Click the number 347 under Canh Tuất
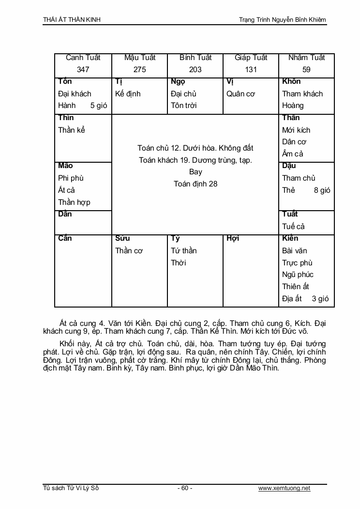pos(83,69)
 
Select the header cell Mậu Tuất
pos(139,58)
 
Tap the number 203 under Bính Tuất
pos(195,69)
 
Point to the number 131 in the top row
pos(251,69)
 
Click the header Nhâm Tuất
pos(306,58)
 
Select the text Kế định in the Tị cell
pos(127,93)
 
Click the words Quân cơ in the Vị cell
pos(240,93)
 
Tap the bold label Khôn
pos(291,81)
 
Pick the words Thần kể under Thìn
pos(71,130)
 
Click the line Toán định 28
pos(195,184)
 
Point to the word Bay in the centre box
pos(195,171)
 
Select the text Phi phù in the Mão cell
pos(71,178)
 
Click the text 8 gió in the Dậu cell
pos(322,190)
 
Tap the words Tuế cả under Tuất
pos(293,226)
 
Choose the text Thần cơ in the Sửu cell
pos(129,250)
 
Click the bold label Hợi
pos(233,238)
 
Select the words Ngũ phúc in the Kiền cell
pos(298,275)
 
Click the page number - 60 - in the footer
pos(185,488)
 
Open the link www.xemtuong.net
pos(284,488)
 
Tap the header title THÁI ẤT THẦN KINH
pos(72,20)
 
